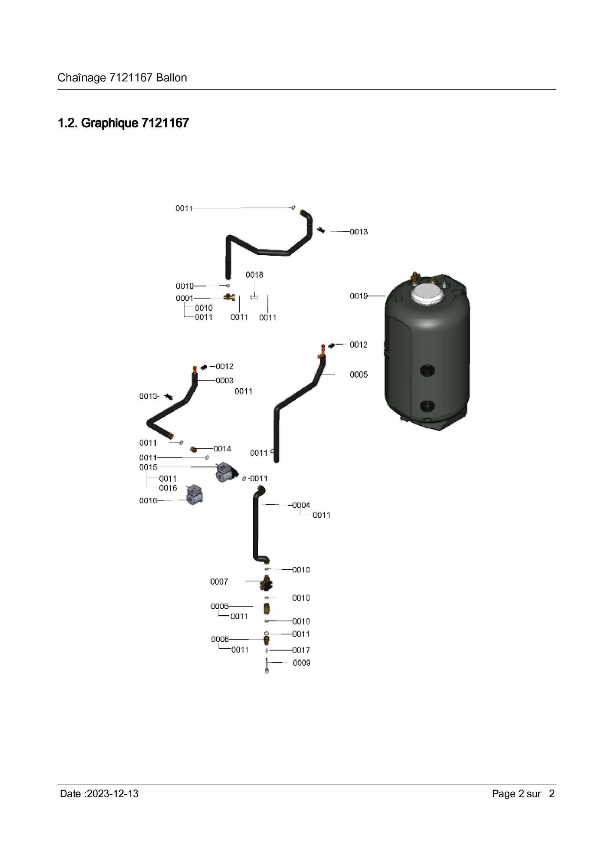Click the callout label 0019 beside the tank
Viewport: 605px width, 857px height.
tap(358, 296)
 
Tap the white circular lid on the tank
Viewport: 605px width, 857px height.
tap(427, 295)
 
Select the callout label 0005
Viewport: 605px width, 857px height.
tap(359, 375)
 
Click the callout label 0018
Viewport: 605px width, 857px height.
tap(254, 274)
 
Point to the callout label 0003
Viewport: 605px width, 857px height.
tap(224, 381)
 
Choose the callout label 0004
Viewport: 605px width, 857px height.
tap(301, 505)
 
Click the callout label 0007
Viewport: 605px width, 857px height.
tap(219, 582)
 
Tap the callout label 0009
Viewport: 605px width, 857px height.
tap(302, 663)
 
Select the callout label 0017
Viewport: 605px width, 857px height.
tap(301, 650)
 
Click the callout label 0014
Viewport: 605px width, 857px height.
tap(222, 448)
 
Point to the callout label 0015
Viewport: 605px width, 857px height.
tap(148, 467)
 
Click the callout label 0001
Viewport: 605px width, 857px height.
tap(185, 298)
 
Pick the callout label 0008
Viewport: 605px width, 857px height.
tap(220, 639)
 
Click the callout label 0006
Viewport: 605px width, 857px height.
tap(220, 606)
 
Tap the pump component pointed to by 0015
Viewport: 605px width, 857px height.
tap(226, 472)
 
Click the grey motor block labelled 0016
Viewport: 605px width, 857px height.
tap(194, 495)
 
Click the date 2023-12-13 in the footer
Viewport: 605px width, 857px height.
tap(112, 793)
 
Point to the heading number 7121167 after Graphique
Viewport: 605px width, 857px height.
tap(165, 123)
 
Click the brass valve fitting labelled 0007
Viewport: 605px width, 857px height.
tap(266, 583)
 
